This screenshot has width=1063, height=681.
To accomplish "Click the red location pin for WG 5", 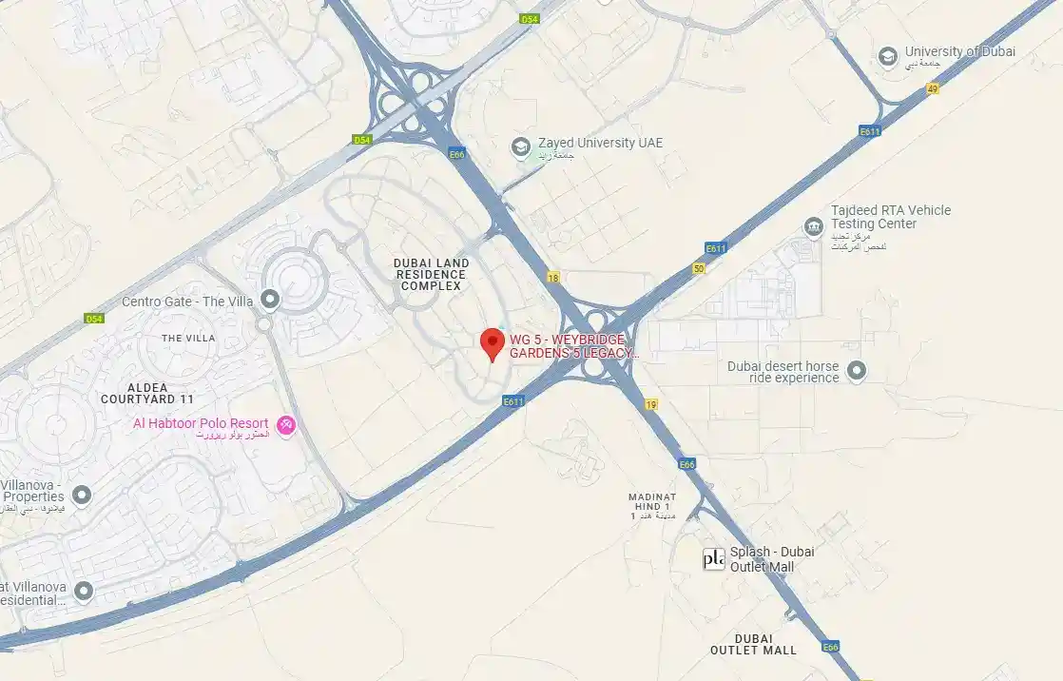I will (492, 342).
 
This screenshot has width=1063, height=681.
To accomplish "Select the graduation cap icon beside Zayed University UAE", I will (520, 146).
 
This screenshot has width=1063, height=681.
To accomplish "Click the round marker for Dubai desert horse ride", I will (857, 371).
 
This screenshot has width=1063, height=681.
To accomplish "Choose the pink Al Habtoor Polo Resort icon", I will (284, 424).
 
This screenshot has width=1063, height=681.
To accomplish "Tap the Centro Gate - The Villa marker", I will (270, 302).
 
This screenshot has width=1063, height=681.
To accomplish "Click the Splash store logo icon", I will (713, 559).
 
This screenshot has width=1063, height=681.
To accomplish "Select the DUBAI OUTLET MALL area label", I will (753, 644).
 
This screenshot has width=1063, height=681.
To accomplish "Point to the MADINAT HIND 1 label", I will (651, 506).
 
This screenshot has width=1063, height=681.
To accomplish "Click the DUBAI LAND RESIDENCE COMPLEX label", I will (432, 274).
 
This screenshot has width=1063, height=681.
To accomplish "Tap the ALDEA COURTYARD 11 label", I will (147, 393).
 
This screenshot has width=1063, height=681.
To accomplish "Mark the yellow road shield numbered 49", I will (932, 88).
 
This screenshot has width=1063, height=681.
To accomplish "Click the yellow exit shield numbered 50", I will (699, 269).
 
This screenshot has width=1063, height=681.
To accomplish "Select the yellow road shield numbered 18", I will (553, 278).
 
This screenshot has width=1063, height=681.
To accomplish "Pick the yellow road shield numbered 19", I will (651, 404).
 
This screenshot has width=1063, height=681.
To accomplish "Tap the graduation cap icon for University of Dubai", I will (888, 56).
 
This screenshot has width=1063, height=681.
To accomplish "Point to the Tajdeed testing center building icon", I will (813, 226).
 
